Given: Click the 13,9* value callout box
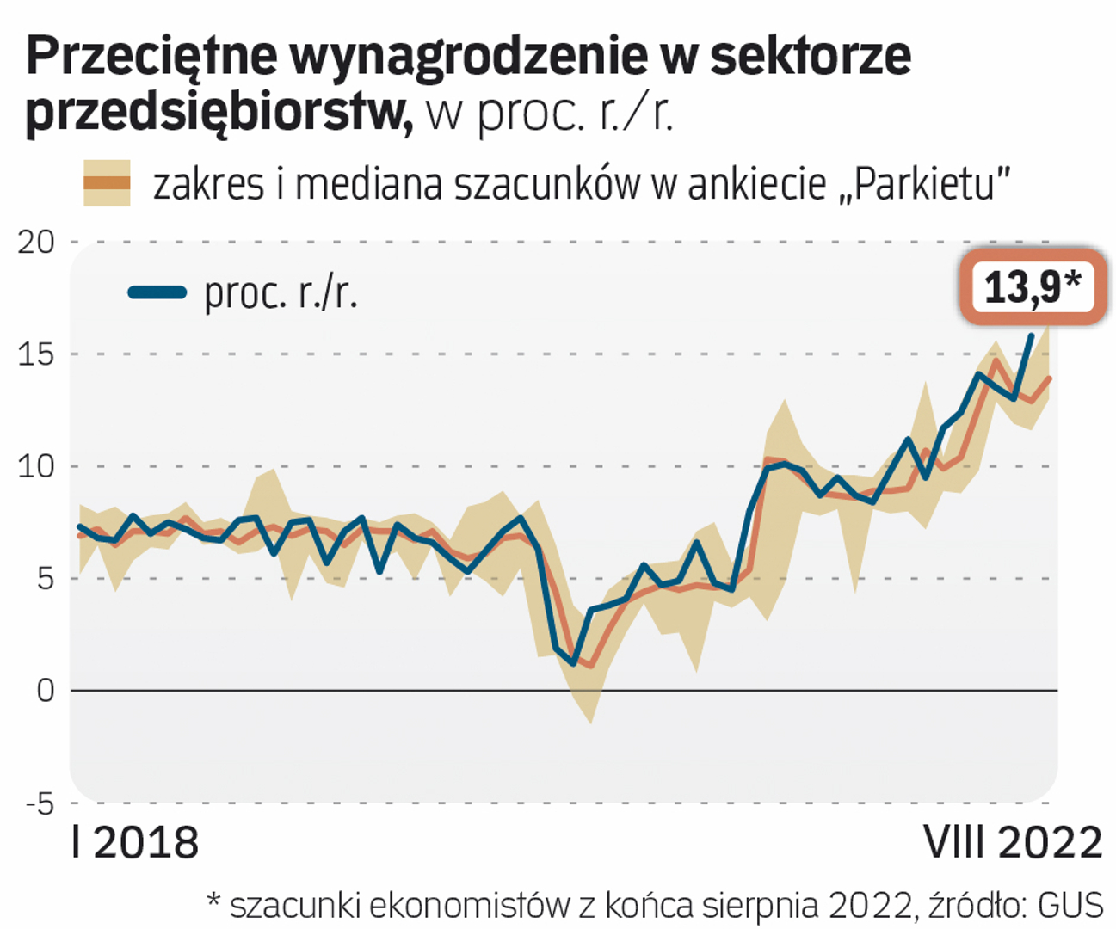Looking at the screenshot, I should click(x=1032, y=286).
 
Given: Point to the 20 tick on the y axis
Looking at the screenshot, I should click(x=35, y=242).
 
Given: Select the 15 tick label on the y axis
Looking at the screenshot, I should click(x=35, y=354).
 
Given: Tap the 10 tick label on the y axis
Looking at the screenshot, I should click(x=35, y=466).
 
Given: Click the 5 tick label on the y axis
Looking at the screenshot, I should click(x=45, y=578).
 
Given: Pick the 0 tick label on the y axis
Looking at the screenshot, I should click(x=45, y=690).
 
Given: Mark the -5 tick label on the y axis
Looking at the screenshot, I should click(x=40, y=803).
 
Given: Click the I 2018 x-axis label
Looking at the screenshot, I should click(x=135, y=843).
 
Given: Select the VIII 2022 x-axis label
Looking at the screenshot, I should click(x=1013, y=843).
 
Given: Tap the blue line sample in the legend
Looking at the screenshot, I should click(x=157, y=292).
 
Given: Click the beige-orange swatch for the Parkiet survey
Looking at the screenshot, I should click(x=107, y=183).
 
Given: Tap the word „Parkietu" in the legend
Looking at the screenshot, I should click(x=924, y=183).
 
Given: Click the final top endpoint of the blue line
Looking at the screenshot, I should click(x=1031, y=336).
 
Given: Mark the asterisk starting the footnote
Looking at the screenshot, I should click(x=214, y=901).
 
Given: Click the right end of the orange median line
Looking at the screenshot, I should click(x=1049, y=378).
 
